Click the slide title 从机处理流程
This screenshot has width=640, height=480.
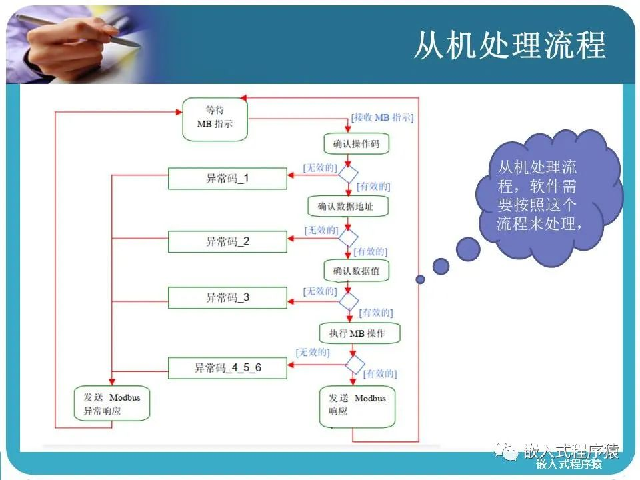(x=510, y=45)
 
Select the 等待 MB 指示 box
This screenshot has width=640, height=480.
(x=215, y=119)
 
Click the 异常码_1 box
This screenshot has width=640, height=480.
(x=227, y=179)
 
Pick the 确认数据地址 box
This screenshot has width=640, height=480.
(x=347, y=206)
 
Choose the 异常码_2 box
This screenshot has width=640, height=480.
(x=227, y=241)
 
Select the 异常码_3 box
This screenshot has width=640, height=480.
(x=227, y=297)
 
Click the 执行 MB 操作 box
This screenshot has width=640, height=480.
(x=357, y=333)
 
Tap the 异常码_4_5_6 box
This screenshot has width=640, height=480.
(x=227, y=367)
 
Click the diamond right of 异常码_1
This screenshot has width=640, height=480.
(x=347, y=174)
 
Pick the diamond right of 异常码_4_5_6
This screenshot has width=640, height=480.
(x=355, y=364)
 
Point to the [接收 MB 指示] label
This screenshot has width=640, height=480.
(x=382, y=118)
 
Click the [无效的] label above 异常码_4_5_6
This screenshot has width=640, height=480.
(x=313, y=352)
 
